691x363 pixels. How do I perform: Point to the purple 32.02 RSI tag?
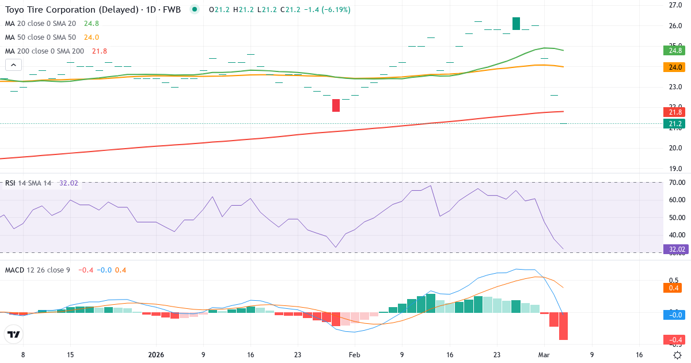(675, 249)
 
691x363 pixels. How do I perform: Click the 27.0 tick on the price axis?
(675, 5)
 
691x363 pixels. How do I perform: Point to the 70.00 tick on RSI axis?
(675, 183)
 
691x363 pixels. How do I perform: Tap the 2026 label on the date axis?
(156, 355)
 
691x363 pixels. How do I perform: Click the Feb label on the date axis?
(354, 355)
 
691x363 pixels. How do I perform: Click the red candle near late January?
(336, 105)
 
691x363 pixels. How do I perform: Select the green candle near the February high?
(516, 24)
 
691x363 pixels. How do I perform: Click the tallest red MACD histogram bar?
(563, 326)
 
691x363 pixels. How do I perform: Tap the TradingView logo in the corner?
(14, 334)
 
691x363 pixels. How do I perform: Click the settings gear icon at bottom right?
(678, 355)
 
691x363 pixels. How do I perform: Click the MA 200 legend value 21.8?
(100, 51)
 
